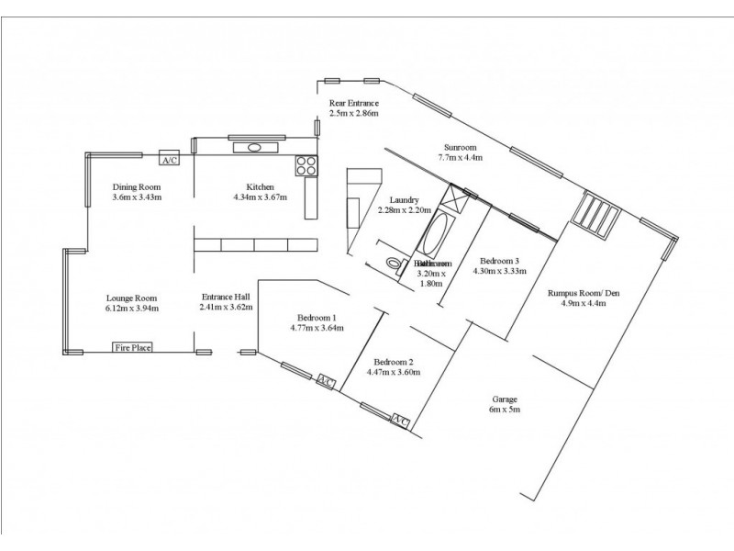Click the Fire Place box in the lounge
pos(132,347)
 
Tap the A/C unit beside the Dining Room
pos(169,159)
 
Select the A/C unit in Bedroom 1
pos(326,381)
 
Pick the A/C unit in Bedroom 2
pos(400,421)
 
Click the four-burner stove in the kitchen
pos(306,166)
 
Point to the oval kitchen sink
pos(253,147)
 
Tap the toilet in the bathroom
pos(395,264)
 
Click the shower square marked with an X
pos(454,199)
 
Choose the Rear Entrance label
pos(354,102)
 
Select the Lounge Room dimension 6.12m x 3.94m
pos(132,309)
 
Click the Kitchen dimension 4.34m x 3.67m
pos(261,197)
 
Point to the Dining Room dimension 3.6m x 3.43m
pos(137,197)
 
